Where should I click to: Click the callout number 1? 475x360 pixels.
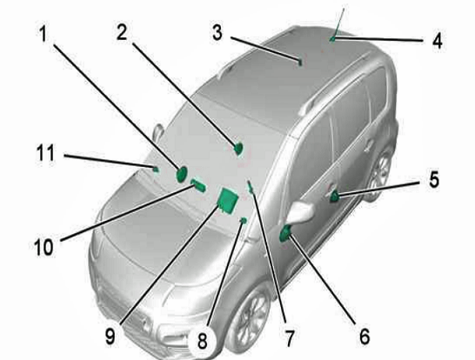pos(43,33)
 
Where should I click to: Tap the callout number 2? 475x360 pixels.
pos(122,32)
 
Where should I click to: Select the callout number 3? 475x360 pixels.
pos(217,33)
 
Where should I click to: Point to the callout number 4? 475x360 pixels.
pos(437,41)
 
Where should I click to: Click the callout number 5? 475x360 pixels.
pos(434,179)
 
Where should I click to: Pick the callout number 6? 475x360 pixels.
pos(365,336)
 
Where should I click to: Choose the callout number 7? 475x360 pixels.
pos(290,338)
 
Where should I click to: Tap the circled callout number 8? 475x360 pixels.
pos(202,340)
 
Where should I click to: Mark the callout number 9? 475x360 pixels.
pos(110,337)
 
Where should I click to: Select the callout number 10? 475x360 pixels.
pos(44,246)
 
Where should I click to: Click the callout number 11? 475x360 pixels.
pos(45,152)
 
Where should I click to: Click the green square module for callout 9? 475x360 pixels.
pos(228,201)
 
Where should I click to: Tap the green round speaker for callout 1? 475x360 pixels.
pos(182,175)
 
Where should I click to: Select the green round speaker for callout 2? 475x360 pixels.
pos(238,149)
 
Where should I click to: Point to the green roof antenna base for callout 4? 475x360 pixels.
pos(332,39)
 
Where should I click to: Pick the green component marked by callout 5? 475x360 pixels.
pos(334,197)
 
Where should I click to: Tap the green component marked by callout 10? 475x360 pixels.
pos(198,185)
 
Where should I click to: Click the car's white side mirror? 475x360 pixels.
pos(301,211)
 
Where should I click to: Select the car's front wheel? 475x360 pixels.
pos(249,317)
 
